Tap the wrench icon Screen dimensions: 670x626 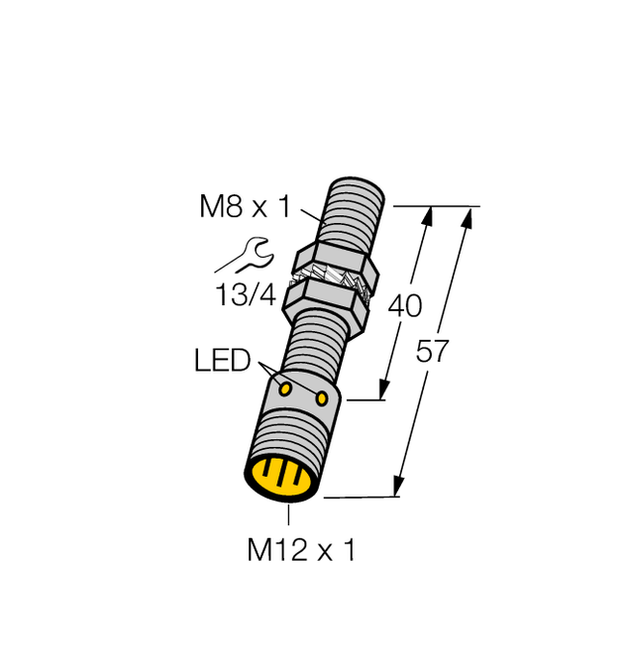click(249, 256)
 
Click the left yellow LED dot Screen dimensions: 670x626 click(285, 388)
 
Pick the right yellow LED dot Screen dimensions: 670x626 click(323, 398)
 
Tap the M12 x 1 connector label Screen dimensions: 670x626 click(300, 550)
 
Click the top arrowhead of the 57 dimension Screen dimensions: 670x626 click(467, 215)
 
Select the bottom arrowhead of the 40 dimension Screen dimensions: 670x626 click(382, 391)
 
